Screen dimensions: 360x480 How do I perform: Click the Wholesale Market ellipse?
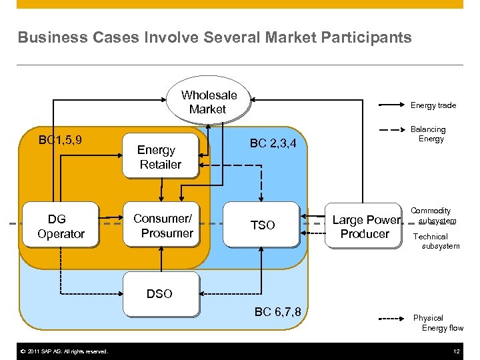click(x=208, y=103)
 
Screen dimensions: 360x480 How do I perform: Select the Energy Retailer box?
click(x=160, y=157)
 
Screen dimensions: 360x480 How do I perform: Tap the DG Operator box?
click(x=61, y=226)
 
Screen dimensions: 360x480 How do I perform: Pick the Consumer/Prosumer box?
click(x=163, y=225)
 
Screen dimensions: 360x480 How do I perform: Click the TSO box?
click(x=262, y=225)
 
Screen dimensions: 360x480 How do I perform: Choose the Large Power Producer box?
click(x=365, y=227)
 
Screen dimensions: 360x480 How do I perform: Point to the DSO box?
click(x=160, y=293)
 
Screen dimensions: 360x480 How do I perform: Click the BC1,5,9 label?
click(x=61, y=140)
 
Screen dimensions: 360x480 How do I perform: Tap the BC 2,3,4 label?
click(x=277, y=143)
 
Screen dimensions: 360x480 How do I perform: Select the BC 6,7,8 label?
click(x=277, y=312)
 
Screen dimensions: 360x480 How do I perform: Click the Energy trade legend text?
click(x=433, y=105)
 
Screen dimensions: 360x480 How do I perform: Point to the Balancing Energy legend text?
click(x=430, y=134)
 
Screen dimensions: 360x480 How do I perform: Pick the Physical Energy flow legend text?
click(x=438, y=323)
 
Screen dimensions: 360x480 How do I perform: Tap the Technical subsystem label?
click(x=436, y=241)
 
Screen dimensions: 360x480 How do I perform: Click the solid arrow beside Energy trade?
click(x=392, y=105)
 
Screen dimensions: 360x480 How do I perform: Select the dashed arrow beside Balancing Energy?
click(x=392, y=129)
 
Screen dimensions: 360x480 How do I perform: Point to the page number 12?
click(x=456, y=351)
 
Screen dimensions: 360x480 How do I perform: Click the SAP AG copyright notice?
click(x=63, y=351)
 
